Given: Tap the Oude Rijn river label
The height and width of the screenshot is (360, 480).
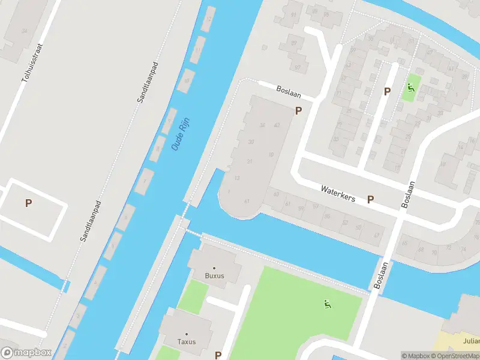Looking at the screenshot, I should [x=178, y=135].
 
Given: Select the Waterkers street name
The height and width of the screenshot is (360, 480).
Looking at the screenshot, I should [x=338, y=193].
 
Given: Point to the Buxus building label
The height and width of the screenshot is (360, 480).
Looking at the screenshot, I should [x=214, y=275].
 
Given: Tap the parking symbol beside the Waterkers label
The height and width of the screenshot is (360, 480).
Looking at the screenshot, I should [x=370, y=200].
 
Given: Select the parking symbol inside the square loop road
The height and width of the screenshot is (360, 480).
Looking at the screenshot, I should [x=28, y=203].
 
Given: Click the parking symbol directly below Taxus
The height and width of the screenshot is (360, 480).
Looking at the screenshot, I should [x=218, y=355].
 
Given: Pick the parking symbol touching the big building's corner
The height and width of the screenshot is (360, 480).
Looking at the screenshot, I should [x=298, y=110].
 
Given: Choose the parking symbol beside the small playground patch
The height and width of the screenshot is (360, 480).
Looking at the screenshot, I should [x=387, y=91].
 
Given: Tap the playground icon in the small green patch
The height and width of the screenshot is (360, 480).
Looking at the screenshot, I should [x=411, y=88].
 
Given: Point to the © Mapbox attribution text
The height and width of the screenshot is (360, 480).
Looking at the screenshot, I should [x=416, y=356].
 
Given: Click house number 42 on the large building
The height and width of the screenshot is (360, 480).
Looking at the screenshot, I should [x=277, y=125].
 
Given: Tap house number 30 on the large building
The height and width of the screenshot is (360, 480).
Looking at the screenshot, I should [x=251, y=142].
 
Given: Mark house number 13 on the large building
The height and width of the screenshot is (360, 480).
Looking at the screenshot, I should [x=238, y=178].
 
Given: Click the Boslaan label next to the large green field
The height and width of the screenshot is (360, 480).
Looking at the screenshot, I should [x=379, y=275].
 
